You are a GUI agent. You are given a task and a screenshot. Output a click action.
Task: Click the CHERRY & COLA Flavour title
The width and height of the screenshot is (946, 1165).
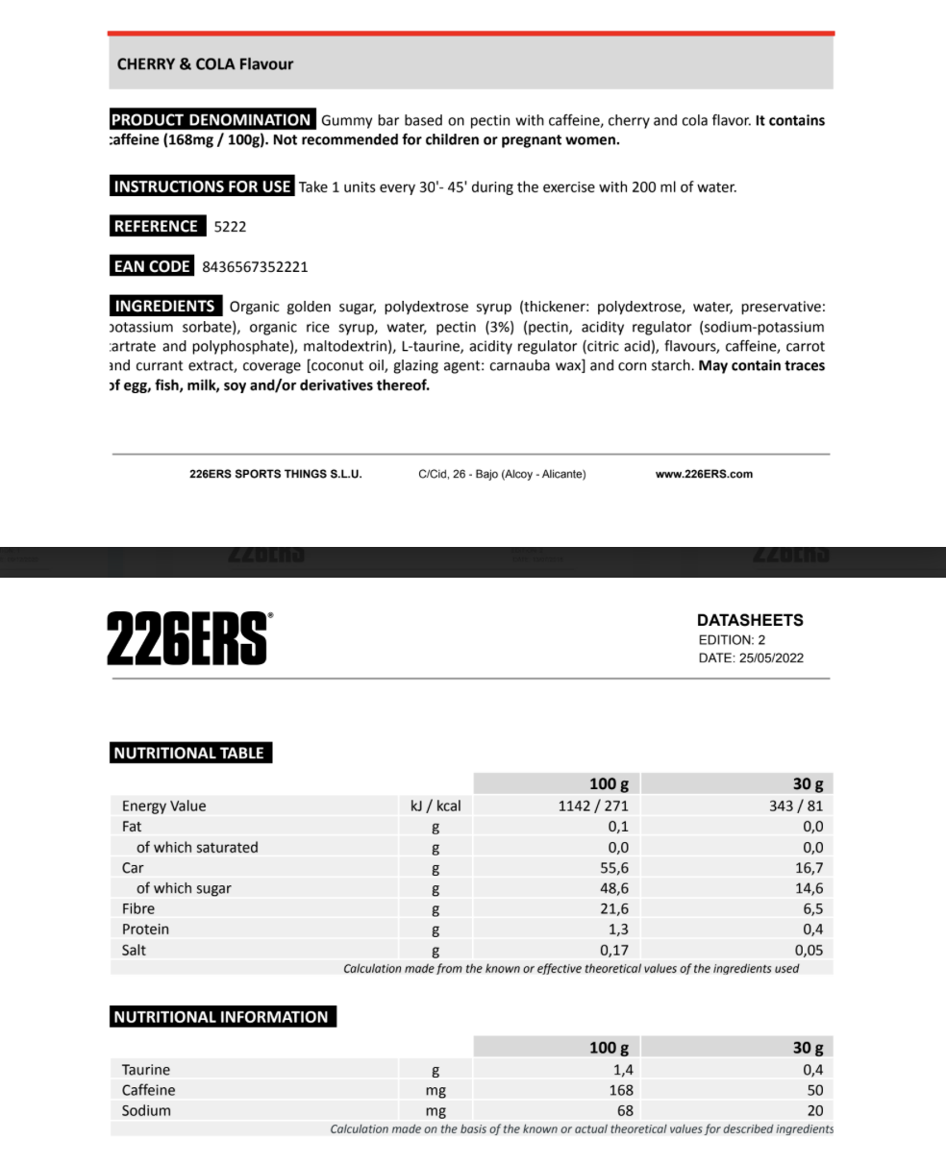[205, 64]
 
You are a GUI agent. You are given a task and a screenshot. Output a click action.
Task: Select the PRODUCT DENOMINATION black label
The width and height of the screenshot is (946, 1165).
[212, 120]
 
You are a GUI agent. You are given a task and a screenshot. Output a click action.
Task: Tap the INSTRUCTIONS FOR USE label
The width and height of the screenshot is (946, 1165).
[202, 186]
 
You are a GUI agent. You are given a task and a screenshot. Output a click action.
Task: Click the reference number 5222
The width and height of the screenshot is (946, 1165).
[230, 227]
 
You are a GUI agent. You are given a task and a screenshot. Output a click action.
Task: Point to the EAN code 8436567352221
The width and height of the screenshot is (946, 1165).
[255, 267]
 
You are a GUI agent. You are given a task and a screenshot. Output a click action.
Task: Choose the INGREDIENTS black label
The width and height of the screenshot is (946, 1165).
[164, 307]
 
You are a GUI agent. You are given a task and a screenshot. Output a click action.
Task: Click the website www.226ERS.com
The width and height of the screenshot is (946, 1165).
[704, 474]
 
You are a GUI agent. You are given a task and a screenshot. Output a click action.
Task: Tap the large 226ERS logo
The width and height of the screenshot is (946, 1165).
[188, 638]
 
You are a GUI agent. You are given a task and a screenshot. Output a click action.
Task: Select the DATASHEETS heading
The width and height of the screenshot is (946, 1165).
[750, 620]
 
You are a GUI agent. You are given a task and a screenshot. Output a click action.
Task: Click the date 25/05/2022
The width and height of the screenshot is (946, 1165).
[771, 658]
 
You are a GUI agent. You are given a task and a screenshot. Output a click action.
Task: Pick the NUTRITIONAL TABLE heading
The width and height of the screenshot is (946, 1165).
[188, 754]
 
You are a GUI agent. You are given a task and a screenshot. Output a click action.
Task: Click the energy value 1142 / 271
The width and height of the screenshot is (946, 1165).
[593, 806]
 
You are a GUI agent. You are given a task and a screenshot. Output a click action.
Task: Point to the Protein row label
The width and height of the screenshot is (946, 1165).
[145, 930]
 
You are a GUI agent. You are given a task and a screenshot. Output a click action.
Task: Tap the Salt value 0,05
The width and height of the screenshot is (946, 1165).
[809, 950]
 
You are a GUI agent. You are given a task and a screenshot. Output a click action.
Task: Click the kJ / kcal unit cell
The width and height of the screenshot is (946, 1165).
[436, 806]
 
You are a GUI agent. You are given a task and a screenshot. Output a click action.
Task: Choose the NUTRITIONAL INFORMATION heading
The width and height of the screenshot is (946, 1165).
[221, 1017]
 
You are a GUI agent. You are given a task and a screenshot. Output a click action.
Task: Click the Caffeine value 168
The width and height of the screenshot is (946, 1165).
[621, 1090]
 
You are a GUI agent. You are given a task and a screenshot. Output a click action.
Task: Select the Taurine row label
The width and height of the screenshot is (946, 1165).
[146, 1070]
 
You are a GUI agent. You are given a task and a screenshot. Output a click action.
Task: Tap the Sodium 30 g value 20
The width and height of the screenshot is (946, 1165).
[815, 1110]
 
